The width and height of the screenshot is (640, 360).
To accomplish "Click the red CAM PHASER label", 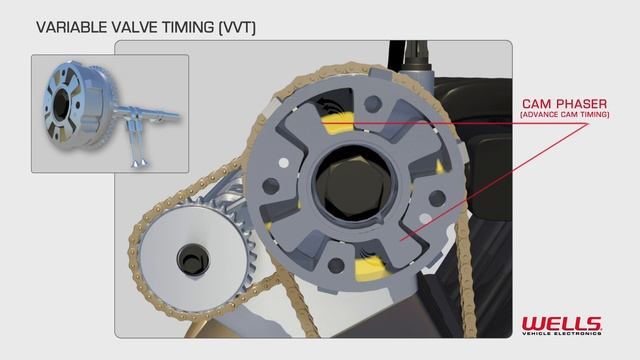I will tap(566, 104).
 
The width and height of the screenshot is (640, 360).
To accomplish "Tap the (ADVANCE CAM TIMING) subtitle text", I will tap(566, 116).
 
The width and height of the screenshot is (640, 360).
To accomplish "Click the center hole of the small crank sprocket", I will tap(191, 259).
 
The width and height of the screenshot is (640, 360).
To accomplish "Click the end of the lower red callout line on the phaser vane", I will tap(404, 240).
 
